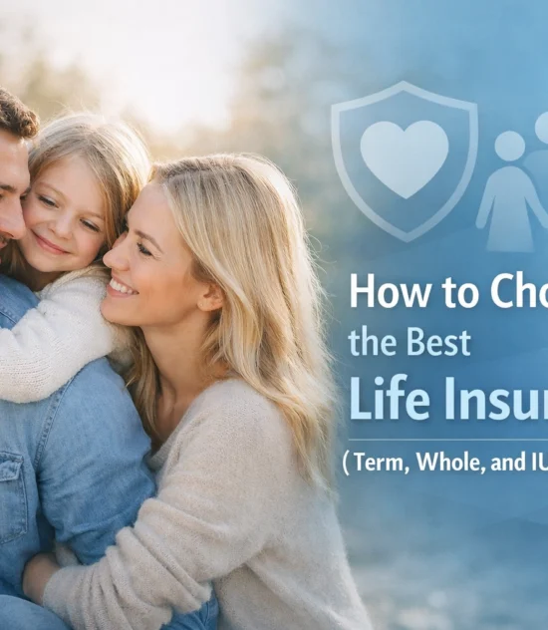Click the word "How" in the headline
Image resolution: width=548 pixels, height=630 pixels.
(381, 291)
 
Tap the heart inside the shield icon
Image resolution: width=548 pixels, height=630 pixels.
(404, 157)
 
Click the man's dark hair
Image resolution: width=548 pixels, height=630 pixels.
(15, 115)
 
